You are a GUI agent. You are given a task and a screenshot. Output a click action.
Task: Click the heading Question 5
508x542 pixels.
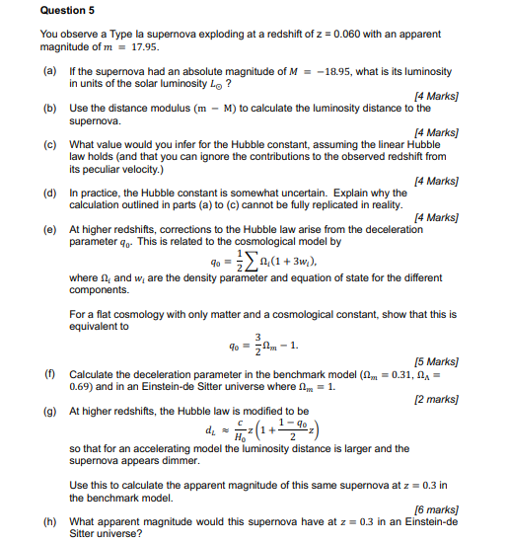point(67,10)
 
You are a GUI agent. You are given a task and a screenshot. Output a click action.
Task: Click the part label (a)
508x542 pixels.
point(48,72)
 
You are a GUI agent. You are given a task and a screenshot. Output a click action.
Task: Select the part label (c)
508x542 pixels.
point(48,144)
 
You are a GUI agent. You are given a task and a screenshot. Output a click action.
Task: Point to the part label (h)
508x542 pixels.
point(48,522)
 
